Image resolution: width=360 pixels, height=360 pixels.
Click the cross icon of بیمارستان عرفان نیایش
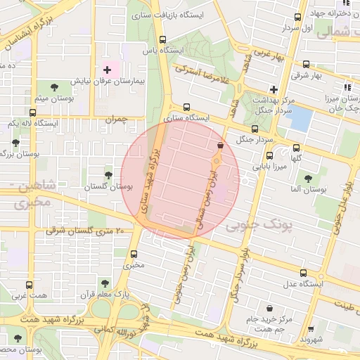(x=107, y=70)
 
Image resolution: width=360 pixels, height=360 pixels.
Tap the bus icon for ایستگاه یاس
(x=163, y=39)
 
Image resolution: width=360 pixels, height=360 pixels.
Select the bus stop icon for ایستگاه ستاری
(x=186, y=107)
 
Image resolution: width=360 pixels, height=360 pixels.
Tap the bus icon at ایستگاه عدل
(x=303, y=273)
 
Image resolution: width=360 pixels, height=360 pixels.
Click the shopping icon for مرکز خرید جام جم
(x=270, y=308)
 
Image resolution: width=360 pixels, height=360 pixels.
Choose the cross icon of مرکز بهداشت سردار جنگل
(x=274, y=89)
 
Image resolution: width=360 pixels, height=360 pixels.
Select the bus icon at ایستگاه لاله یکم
(x=32, y=112)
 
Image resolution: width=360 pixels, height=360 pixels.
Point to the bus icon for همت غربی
(x=29, y=285)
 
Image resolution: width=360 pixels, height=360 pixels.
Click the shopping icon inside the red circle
(x=221, y=145)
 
